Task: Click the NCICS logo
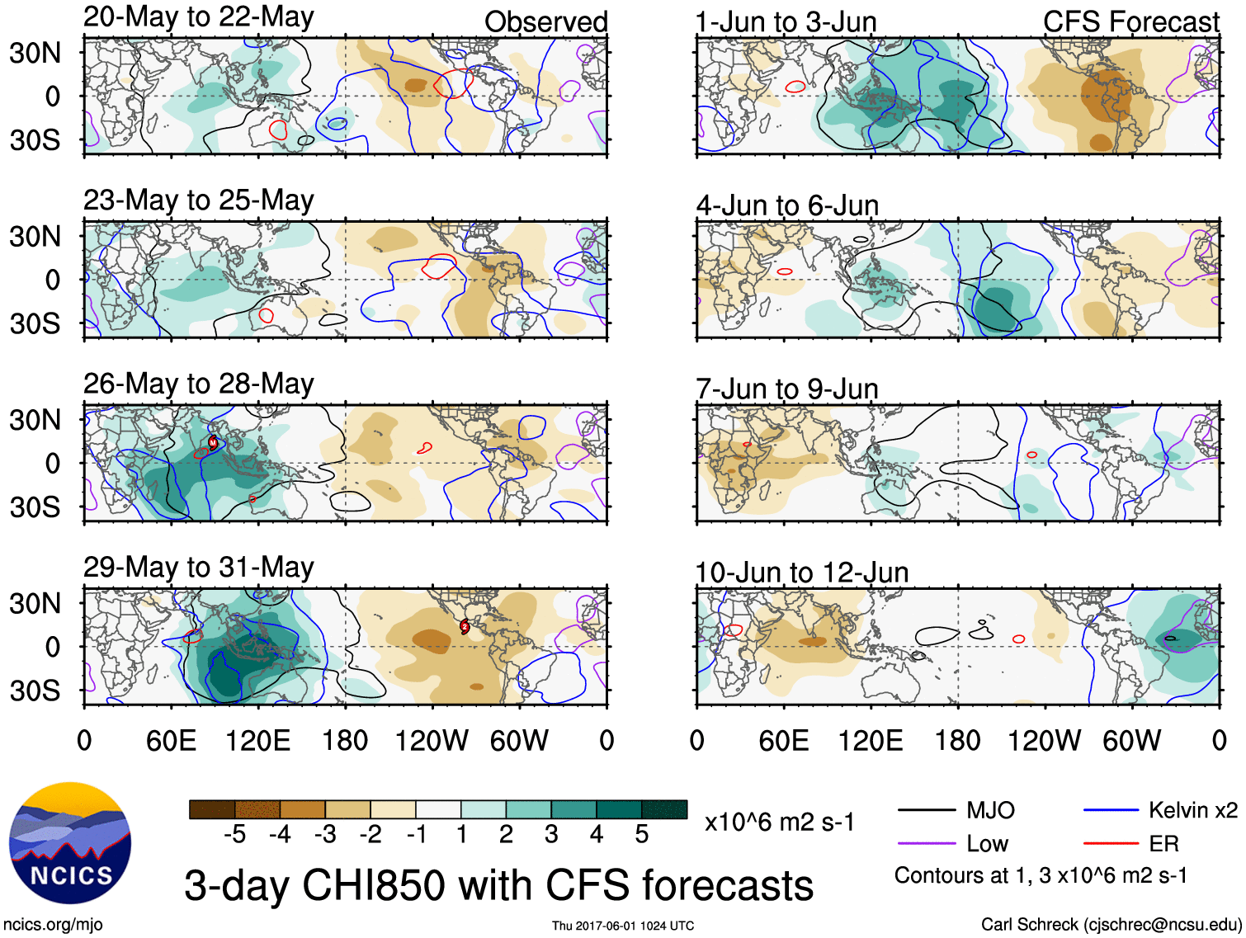click(x=70, y=842)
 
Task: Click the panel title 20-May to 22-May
click(x=198, y=17)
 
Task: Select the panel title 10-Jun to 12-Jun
click(x=801, y=572)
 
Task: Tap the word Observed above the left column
click(x=545, y=21)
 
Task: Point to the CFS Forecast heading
click(x=1130, y=21)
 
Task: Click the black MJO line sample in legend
click(x=927, y=810)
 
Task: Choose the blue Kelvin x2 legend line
click(x=1111, y=810)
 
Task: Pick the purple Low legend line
click(x=927, y=843)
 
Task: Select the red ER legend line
click(x=1111, y=843)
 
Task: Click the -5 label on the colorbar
click(x=234, y=835)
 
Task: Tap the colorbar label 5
click(x=641, y=835)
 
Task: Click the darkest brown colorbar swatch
click(x=212, y=809)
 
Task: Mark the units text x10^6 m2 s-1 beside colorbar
click(x=779, y=822)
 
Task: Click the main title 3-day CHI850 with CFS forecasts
click(x=498, y=885)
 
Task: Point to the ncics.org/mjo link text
click(x=53, y=924)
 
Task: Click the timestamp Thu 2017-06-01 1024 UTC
click(x=623, y=926)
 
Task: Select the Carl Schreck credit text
click(x=1111, y=924)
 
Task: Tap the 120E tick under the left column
click(x=257, y=740)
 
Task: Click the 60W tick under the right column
click(x=1131, y=740)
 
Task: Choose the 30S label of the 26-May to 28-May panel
click(x=35, y=507)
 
